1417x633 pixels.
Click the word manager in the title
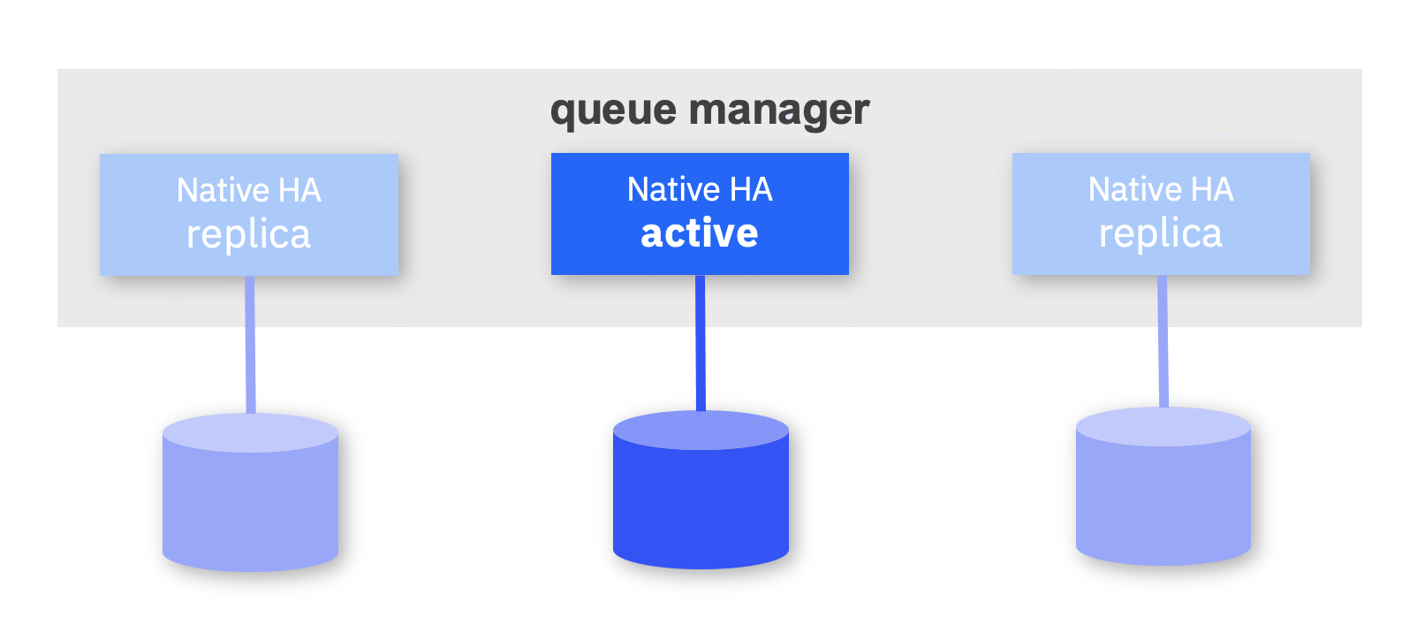(779, 111)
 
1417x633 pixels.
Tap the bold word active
(700, 233)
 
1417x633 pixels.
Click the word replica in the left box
(248, 235)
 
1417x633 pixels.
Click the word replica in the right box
(1160, 234)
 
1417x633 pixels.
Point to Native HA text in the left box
(248, 190)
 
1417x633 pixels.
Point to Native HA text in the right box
(1160, 189)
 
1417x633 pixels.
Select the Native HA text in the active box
(700, 189)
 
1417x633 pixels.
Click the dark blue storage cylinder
(701, 508)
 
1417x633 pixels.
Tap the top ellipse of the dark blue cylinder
(701, 431)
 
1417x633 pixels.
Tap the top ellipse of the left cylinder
(250, 433)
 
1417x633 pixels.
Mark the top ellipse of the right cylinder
(1163, 427)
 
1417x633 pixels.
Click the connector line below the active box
(701, 345)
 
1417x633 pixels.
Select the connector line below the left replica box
(250, 345)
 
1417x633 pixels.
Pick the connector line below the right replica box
(1163, 343)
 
